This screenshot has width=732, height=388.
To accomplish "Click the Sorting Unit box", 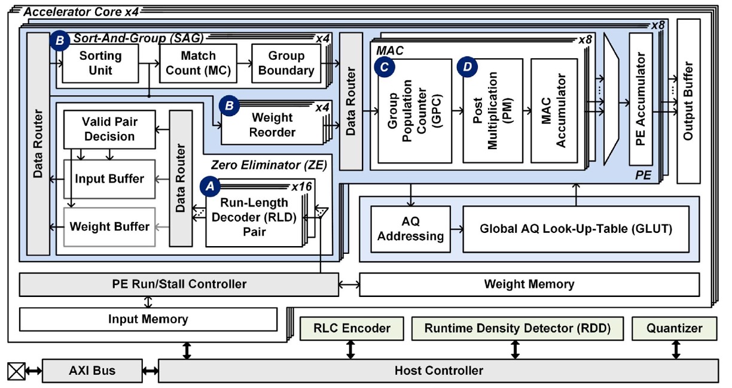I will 100,63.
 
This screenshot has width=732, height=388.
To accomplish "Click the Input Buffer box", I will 109,178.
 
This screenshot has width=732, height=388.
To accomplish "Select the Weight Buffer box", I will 109,227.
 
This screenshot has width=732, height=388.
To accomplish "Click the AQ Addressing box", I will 410,229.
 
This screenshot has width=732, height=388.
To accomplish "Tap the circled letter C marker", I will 384,67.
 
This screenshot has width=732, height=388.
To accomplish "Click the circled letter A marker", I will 209,186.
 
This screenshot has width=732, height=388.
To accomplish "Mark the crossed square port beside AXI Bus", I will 16,371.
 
